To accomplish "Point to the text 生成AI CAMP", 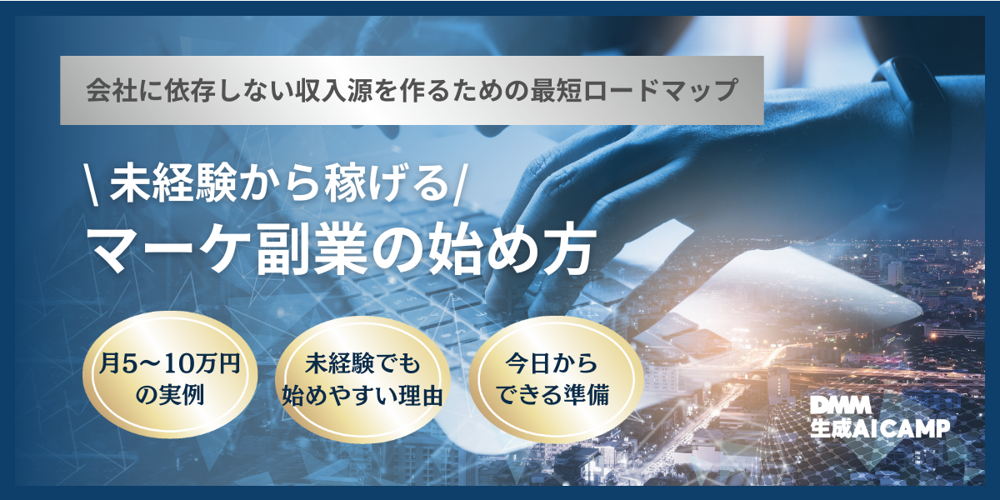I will click(880, 428).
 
